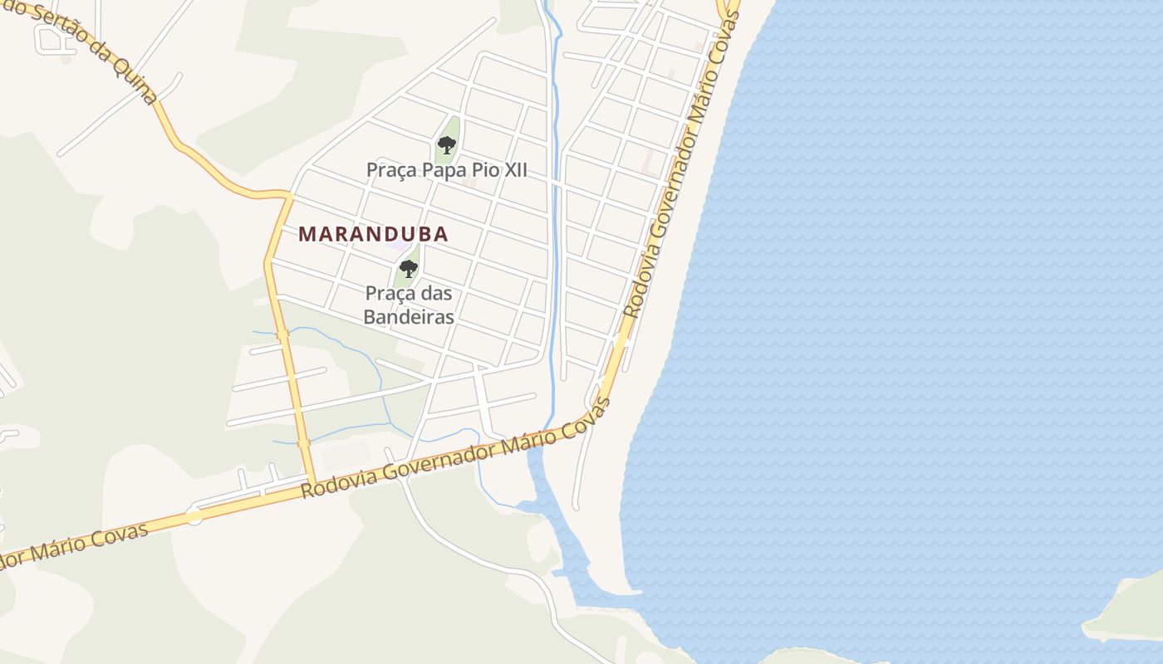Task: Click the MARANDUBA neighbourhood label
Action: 373,234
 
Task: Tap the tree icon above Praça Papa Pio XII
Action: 447,146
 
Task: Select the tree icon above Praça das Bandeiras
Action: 408,268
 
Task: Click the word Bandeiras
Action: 409,316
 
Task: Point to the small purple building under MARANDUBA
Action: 398,247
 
